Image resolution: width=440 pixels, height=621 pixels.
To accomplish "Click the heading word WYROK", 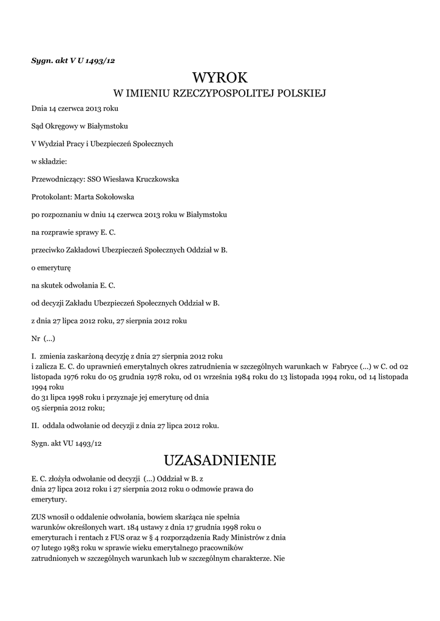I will [x=220, y=78].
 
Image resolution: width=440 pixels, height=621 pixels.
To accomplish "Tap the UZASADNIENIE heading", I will [x=220, y=460].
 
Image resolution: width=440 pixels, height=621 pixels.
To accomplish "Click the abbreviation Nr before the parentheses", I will [x=35, y=337].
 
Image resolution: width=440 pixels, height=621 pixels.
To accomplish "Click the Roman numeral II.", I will [x=35, y=425].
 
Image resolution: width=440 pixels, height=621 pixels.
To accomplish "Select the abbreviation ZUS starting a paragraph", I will [x=39, y=516].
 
